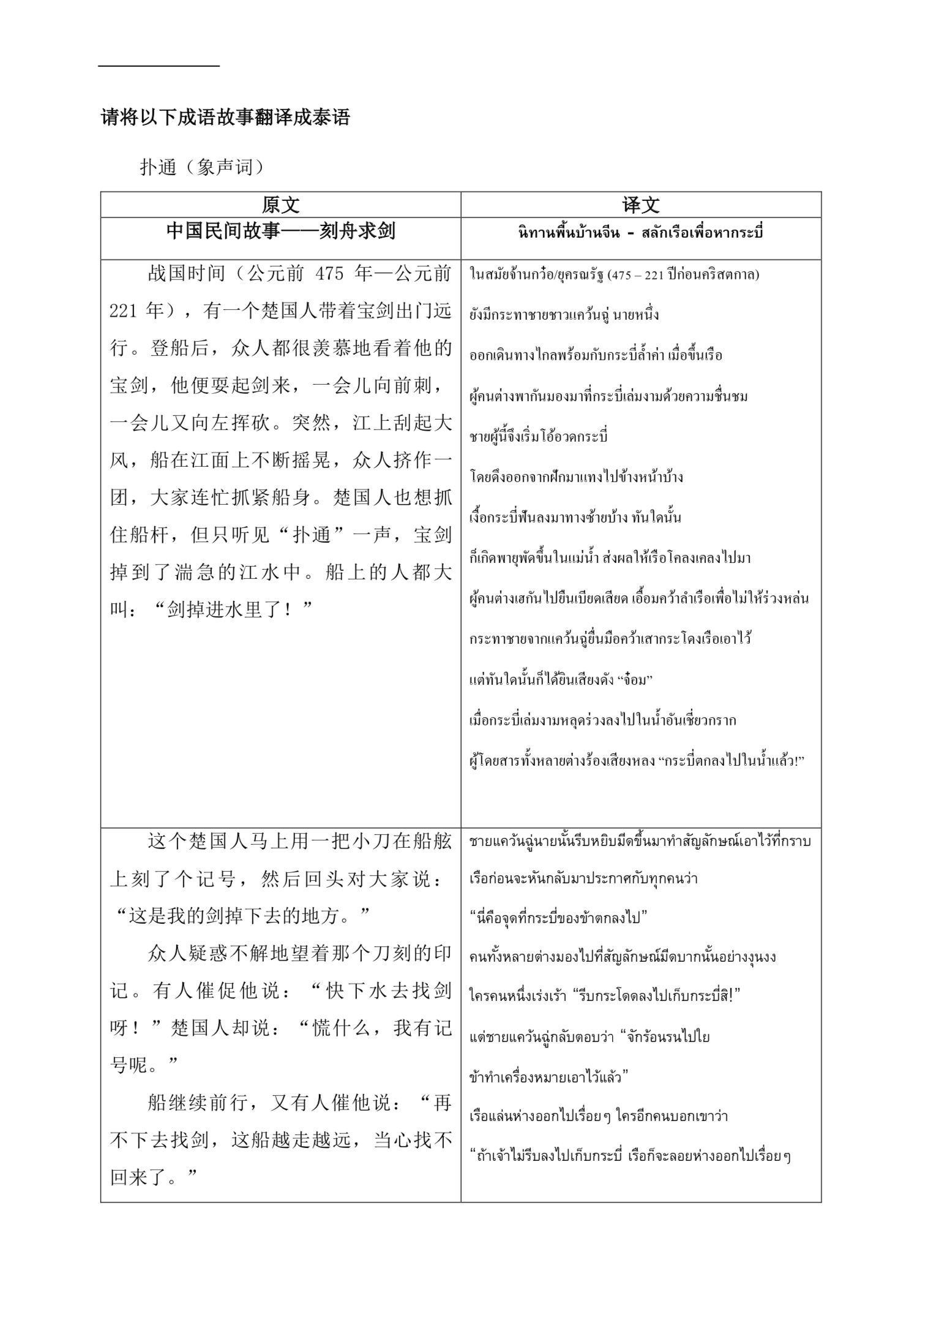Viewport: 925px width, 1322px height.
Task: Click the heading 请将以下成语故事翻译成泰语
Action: [225, 117]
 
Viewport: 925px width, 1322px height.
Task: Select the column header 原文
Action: [280, 205]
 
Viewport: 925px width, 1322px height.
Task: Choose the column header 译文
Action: [640, 205]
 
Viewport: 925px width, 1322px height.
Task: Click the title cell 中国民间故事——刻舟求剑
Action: [280, 231]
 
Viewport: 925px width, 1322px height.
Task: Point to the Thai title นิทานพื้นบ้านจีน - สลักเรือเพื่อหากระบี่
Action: [640, 233]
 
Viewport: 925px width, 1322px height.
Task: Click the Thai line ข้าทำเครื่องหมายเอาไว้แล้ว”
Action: [550, 1077]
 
